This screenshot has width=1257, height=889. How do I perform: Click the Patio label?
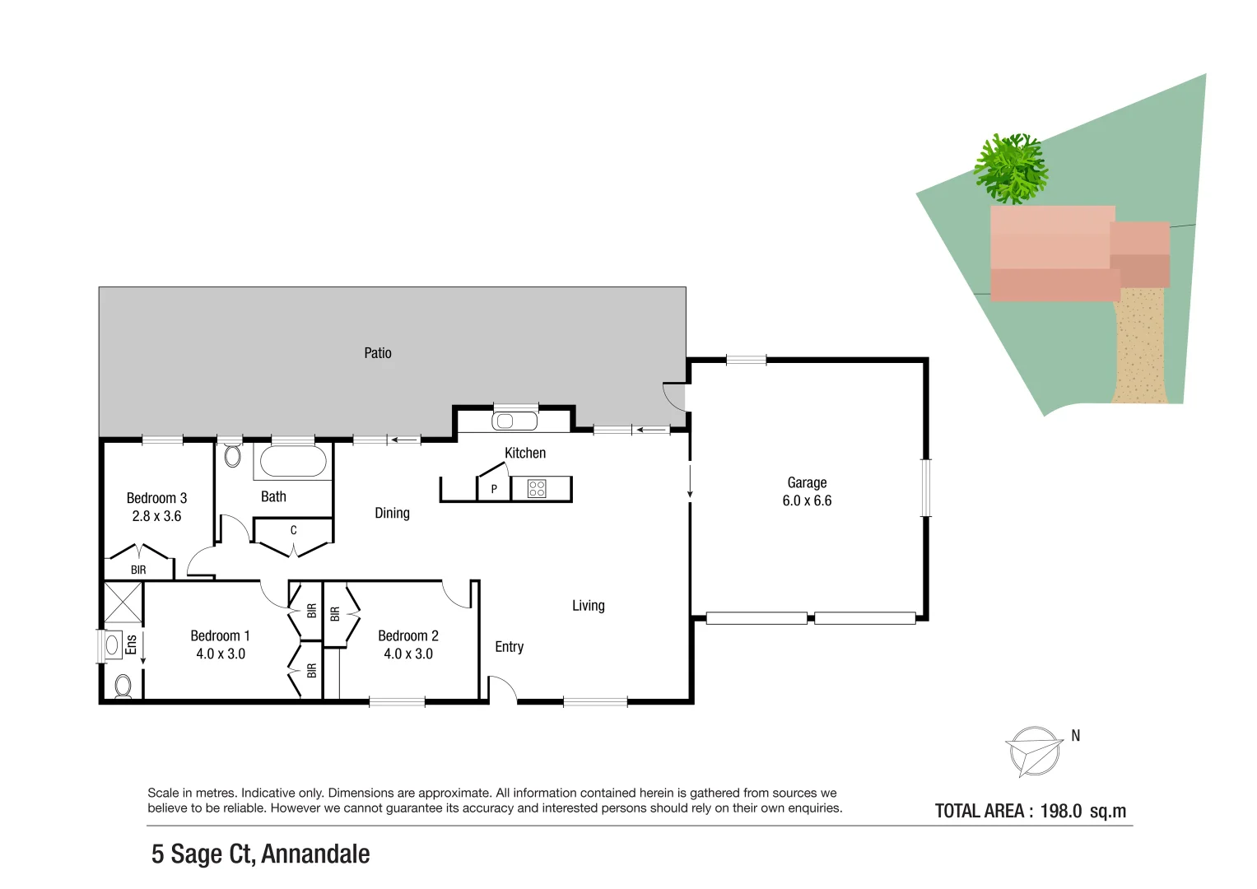point(378,353)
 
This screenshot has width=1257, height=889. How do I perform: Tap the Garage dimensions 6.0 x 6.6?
point(807,500)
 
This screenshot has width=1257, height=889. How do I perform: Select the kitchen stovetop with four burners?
point(537,489)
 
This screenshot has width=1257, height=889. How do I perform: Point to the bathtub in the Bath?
point(293,462)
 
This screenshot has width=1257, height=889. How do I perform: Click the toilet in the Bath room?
point(233,455)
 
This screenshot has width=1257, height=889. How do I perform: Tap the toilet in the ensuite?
point(123,685)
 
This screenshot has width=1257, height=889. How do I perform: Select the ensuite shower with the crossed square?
point(123,603)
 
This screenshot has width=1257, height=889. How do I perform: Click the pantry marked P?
point(494,489)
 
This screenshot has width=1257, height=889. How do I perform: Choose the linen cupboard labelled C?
point(293,531)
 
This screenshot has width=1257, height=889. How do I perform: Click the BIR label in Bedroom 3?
point(138,570)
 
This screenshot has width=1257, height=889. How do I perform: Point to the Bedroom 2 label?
point(408,635)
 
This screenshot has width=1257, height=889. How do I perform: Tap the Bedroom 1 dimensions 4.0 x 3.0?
point(221,654)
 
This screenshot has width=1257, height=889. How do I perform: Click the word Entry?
point(509,647)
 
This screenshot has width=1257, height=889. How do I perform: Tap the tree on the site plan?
point(1011,169)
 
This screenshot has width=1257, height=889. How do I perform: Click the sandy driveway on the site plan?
point(1141,346)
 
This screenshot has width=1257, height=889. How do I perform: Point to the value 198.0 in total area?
point(1060,811)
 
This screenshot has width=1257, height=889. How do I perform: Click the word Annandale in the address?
point(315,854)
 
